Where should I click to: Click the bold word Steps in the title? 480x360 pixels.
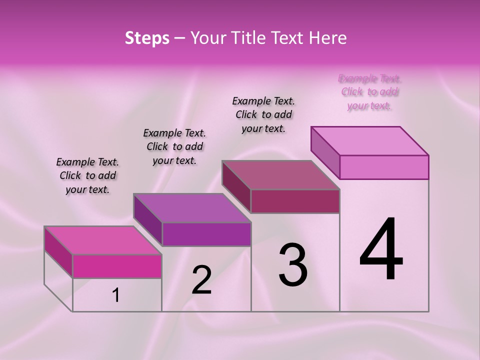point(147,38)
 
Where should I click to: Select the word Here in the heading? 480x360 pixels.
point(327,38)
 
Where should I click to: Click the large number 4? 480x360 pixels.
point(381,250)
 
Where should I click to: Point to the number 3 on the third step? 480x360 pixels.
point(293,265)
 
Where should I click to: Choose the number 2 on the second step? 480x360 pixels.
point(201,280)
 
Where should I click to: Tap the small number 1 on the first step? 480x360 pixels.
point(116,295)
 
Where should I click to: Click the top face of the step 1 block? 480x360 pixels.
point(102,240)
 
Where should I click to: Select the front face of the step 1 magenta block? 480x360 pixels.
point(117,266)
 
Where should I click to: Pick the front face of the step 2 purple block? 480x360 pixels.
point(206,234)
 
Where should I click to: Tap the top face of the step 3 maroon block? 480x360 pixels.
point(280,175)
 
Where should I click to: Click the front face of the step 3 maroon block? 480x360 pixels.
point(295,201)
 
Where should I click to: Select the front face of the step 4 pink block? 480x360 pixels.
point(384,167)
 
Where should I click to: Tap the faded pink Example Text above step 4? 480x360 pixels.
point(370,78)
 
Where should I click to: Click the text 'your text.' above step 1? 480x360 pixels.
point(87,189)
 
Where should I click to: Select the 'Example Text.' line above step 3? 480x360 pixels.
point(263,101)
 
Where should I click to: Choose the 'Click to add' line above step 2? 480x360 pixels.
point(174,146)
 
